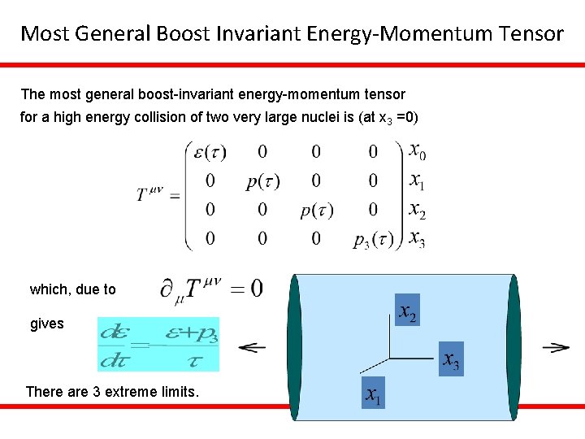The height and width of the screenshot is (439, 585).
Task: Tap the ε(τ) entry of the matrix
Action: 206,151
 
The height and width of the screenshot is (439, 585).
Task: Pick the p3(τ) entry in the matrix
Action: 373,239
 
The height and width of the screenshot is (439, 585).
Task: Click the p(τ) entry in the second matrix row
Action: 262,181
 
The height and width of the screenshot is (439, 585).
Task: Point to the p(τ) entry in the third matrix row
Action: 316,211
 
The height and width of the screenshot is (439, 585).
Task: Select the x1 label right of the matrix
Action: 416,180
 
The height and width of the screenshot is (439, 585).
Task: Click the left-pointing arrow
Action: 253,347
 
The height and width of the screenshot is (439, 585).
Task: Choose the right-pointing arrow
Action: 556,347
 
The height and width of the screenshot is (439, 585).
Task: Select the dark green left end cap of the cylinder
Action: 293,347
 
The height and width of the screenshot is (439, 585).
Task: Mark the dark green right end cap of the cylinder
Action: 513,347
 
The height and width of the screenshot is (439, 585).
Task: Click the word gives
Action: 46,324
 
